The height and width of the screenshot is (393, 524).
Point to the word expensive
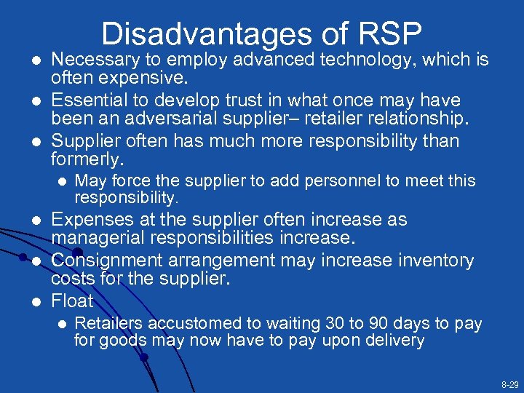pos(146,77)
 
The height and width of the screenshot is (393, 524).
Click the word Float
pos(72,301)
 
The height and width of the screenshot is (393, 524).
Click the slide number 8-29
pos(509,384)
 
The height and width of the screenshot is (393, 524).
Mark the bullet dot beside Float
pos(33,301)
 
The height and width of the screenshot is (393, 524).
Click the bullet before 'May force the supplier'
pos(63,181)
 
